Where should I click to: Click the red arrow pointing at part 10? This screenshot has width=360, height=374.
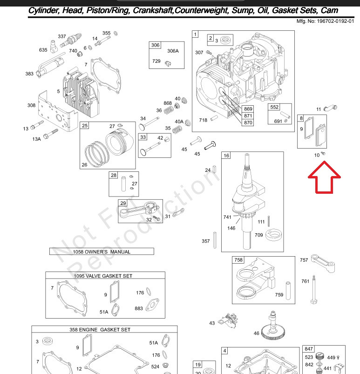(x=324, y=177)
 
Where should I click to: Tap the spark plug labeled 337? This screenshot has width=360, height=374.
(x=71, y=41)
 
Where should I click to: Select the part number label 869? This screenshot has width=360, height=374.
(x=248, y=109)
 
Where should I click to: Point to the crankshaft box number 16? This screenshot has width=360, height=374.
(x=226, y=156)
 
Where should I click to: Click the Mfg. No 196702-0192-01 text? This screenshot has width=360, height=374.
(x=325, y=21)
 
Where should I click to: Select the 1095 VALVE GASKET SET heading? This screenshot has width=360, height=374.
(x=103, y=276)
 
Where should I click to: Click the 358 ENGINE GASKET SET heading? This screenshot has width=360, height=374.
(x=100, y=330)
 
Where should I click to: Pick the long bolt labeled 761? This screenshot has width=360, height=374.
(x=314, y=289)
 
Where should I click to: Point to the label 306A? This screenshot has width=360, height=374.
(x=173, y=51)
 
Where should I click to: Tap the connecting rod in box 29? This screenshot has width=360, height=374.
(x=140, y=209)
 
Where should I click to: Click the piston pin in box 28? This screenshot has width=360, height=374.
(x=123, y=184)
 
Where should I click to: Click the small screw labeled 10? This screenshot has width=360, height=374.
(x=323, y=153)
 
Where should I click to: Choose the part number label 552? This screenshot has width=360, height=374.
(x=274, y=107)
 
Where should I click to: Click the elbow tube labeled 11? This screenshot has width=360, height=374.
(x=330, y=108)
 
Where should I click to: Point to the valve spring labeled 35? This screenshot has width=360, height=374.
(x=177, y=130)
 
